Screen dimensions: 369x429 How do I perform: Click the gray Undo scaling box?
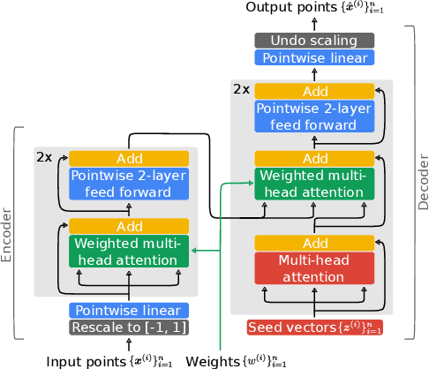click(313, 41)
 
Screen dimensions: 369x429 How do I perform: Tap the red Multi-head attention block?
click(313, 267)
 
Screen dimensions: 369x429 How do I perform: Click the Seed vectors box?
click(313, 328)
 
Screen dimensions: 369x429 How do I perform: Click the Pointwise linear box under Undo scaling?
click(313, 57)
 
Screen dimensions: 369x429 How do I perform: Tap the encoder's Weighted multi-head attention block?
click(129, 251)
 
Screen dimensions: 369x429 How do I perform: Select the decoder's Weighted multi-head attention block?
click(313, 184)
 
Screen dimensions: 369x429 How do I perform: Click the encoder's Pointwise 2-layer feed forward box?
click(129, 183)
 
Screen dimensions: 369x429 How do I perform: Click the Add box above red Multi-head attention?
click(313, 243)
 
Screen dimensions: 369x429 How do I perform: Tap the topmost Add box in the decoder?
click(313, 92)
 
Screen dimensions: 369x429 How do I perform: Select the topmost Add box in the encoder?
click(129, 159)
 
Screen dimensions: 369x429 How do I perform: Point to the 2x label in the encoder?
click(45, 156)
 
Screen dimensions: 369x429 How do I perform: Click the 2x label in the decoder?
click(241, 89)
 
